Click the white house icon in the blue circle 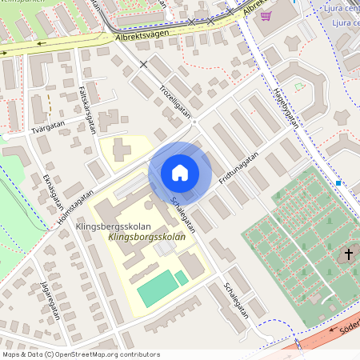tap(180, 173)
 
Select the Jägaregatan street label tap(50, 300)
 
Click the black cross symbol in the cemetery tap(348, 255)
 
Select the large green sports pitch tap(157, 288)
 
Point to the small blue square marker tap(338, 183)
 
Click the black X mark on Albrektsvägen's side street tap(144, 63)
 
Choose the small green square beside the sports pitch tap(182, 277)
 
